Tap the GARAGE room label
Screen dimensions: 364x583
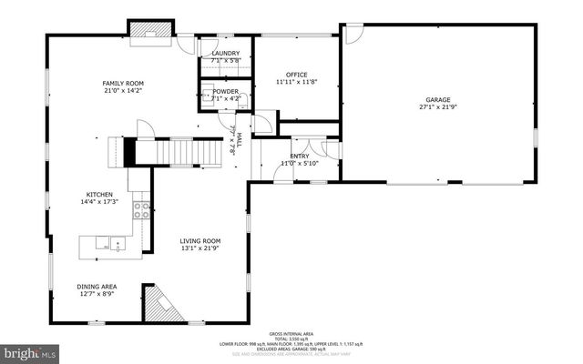(438, 99)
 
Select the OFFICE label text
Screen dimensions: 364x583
(296, 75)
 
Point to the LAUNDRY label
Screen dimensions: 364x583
(225, 54)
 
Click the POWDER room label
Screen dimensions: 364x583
(225, 91)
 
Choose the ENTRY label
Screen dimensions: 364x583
(300, 156)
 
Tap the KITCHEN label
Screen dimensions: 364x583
(99, 195)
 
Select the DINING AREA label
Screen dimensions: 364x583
(97, 287)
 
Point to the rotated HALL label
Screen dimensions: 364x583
(240, 138)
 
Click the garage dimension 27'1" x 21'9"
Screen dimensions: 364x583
(438, 107)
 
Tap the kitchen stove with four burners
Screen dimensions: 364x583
(141, 210)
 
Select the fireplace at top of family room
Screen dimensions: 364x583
(149, 32)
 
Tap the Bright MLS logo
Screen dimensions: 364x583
(30, 351)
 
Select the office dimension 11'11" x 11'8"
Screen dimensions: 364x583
(296, 83)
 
